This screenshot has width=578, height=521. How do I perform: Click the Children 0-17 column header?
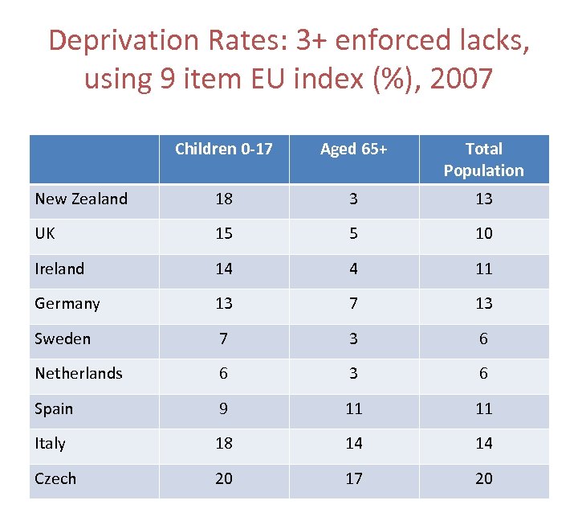pos(224,149)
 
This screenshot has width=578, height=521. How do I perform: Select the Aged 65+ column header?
pos(353,149)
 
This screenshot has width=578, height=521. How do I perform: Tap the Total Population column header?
pos(483,159)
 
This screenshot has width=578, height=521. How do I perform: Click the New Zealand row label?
pos(81,199)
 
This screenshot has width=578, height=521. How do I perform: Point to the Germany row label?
pos(67,303)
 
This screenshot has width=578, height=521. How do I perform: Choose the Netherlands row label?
pos(79,373)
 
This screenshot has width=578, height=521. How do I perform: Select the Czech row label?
pos(55,478)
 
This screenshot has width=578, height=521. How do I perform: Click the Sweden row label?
pos(63,338)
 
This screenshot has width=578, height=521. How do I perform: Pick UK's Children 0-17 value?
pos(224,234)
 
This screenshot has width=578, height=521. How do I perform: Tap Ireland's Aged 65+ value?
pos(353,269)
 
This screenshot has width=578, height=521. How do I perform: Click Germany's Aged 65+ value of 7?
pos(353,304)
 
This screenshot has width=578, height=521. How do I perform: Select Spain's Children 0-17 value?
pos(224,408)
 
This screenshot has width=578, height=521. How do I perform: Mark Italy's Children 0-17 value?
pos(224,443)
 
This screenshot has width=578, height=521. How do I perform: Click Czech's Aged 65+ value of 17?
pos(353,478)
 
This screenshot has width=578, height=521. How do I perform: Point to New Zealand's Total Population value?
pos(483,199)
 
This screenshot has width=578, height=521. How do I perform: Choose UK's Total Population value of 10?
pos(483,234)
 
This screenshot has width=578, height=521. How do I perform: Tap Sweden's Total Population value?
pos(483,338)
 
